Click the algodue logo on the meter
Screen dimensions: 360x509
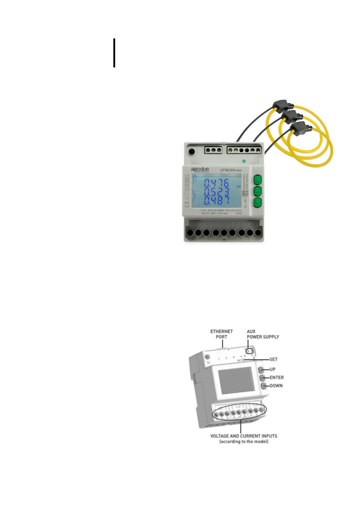click(x=199, y=169)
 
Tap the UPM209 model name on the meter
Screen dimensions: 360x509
click(x=227, y=170)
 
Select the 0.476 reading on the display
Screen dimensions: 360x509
click(x=216, y=183)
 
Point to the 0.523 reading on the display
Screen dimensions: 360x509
click(x=216, y=192)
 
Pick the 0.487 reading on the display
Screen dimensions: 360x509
click(x=216, y=200)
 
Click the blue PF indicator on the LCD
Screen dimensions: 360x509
click(x=238, y=187)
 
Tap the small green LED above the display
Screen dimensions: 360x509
click(x=244, y=161)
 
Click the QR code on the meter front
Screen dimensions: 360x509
click(x=245, y=193)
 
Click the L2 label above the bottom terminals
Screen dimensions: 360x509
click(x=225, y=225)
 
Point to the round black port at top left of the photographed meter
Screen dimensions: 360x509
click(x=192, y=151)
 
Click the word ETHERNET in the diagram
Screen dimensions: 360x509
click(x=222, y=331)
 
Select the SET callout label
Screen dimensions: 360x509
click(x=273, y=359)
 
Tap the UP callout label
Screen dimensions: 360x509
click(x=272, y=369)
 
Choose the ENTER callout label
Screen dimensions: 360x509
click(x=277, y=378)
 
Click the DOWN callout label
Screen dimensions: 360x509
click(x=276, y=386)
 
